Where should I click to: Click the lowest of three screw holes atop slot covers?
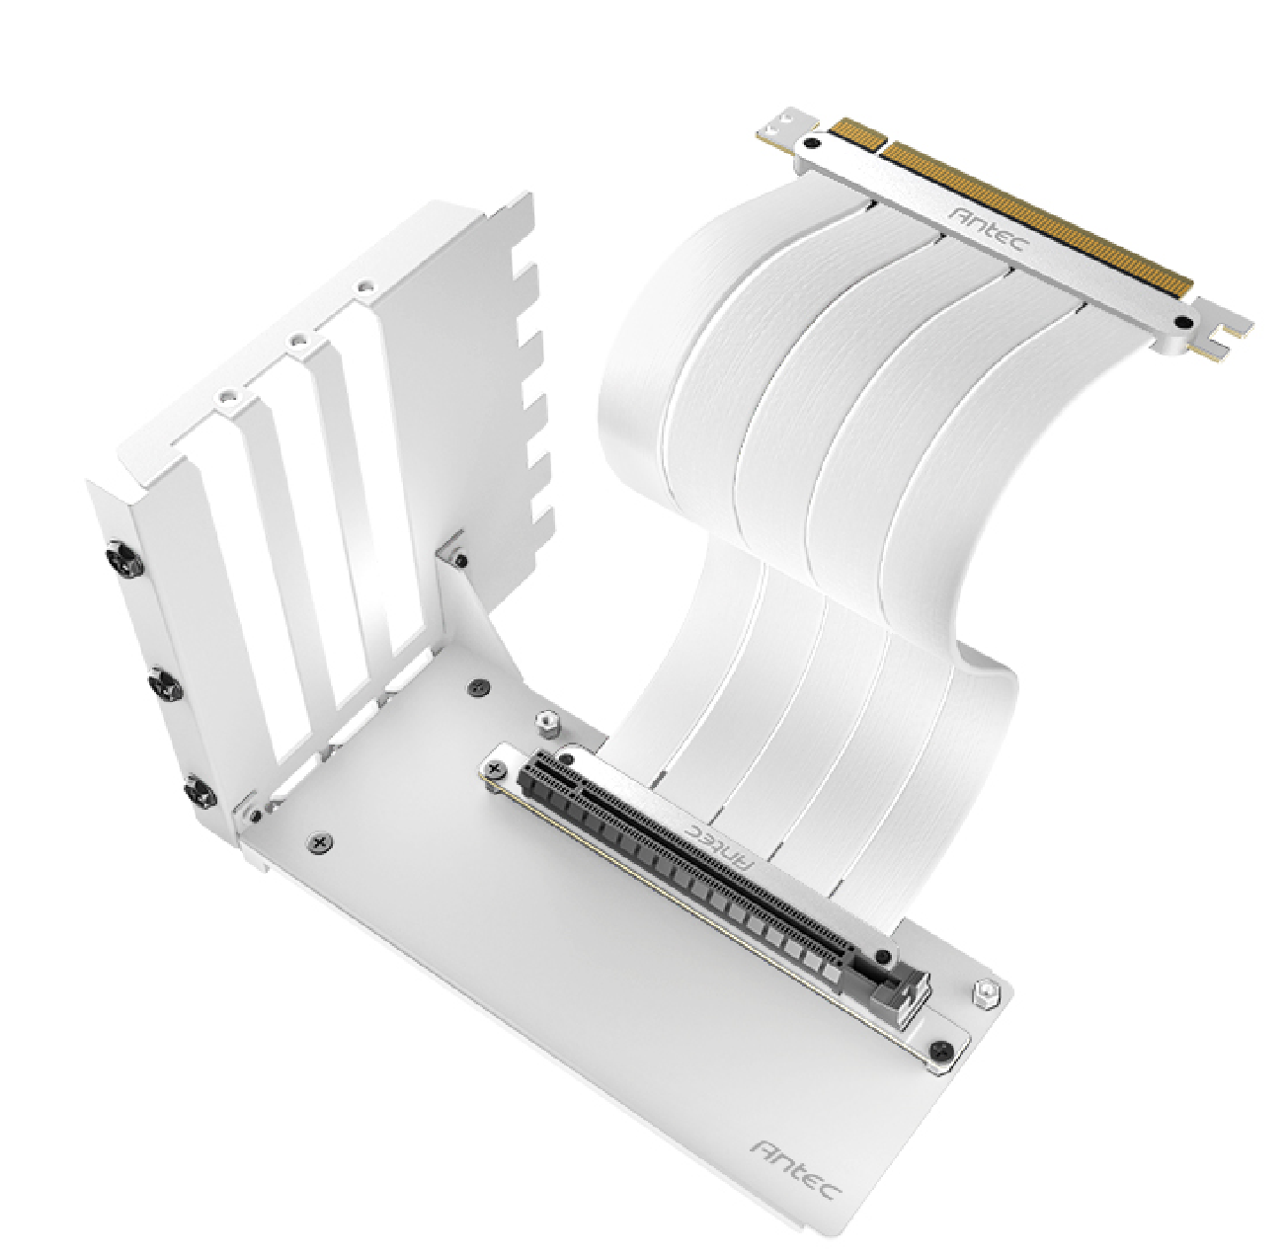click(x=229, y=399)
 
